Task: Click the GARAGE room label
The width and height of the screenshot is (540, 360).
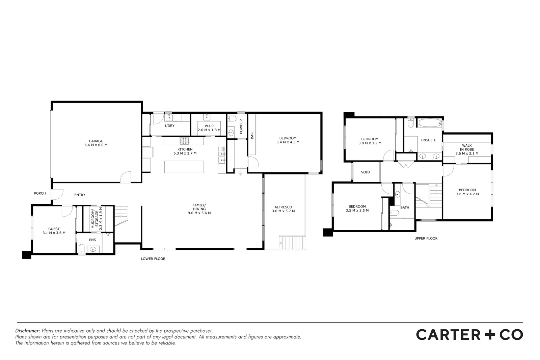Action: (x=96, y=141)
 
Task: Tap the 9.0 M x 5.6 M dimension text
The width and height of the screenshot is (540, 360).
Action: (x=199, y=213)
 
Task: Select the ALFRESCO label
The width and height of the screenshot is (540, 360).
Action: (x=283, y=207)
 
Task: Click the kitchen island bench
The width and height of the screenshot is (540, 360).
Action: (x=184, y=167)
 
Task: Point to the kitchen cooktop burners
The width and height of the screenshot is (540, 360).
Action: (x=184, y=140)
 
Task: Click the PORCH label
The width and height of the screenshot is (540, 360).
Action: (x=40, y=193)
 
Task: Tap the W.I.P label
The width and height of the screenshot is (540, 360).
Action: (x=209, y=126)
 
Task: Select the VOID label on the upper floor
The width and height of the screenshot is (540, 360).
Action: (x=366, y=172)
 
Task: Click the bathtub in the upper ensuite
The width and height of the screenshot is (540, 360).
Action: (x=429, y=124)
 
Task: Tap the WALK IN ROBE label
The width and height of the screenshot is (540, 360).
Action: (x=467, y=147)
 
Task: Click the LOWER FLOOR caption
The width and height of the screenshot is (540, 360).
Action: (x=153, y=259)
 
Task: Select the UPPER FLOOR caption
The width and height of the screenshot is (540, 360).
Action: (x=426, y=238)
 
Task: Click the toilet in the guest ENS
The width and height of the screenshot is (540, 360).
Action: (x=81, y=249)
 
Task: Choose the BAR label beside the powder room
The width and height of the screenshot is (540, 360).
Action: (x=252, y=135)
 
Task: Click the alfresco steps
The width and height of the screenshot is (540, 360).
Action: (x=292, y=242)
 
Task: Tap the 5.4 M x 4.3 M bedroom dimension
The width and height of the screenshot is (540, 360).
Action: (x=288, y=142)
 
